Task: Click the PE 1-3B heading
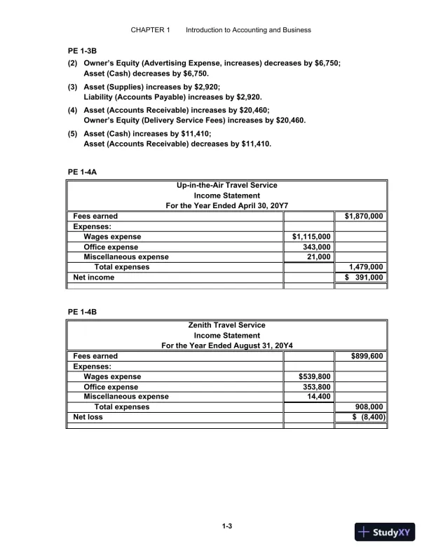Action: [x=81, y=50]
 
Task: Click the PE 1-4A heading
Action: [x=81, y=171]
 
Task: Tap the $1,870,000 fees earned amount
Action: [x=364, y=217]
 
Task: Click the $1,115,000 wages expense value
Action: [x=311, y=237]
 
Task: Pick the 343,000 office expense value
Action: [x=316, y=247]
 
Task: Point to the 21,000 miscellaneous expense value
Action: [x=319, y=257]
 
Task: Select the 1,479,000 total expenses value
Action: [x=366, y=267]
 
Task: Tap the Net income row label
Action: [x=94, y=277]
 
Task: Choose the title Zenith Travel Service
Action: [x=226, y=325]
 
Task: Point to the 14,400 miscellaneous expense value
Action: [x=319, y=397]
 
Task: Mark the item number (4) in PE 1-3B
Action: [x=72, y=110]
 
